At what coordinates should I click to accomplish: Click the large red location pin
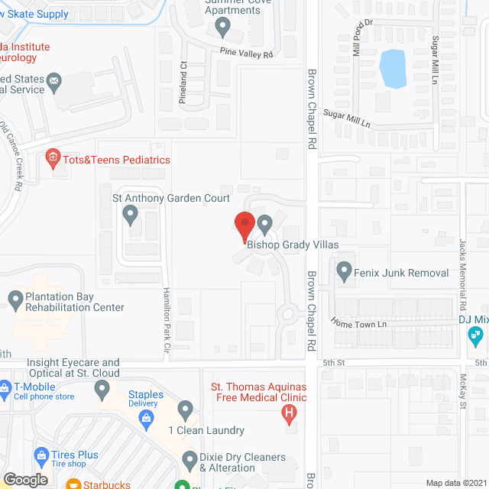(244, 226)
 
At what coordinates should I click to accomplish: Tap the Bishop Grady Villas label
(292, 245)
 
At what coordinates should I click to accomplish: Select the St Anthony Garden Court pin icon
(131, 218)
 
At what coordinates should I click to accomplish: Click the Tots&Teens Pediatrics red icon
(53, 160)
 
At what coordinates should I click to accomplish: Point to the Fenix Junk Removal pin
(344, 270)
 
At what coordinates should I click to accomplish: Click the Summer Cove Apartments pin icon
(222, 28)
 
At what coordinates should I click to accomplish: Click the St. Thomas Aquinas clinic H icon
(289, 416)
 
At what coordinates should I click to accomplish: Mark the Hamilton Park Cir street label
(166, 321)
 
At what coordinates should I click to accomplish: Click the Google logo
(25, 479)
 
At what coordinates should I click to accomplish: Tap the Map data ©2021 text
(455, 482)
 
